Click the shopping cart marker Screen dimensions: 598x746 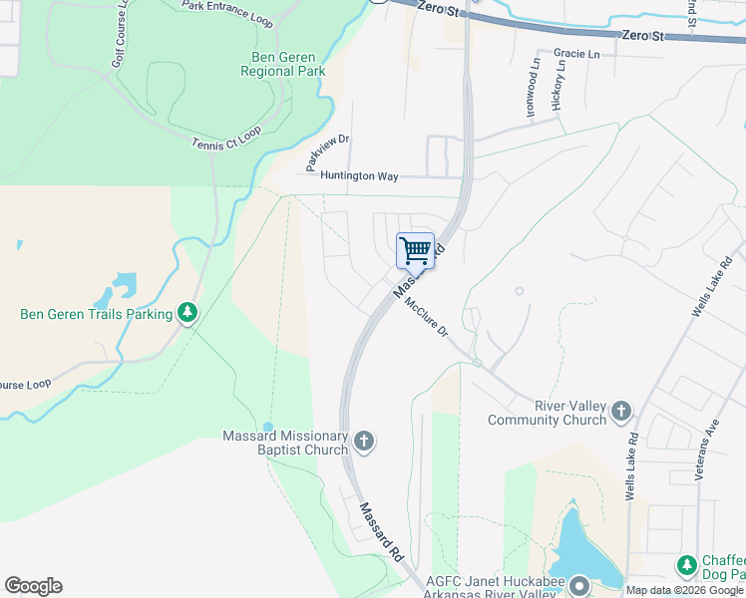[415, 249]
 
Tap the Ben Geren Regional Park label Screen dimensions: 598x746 [283, 64]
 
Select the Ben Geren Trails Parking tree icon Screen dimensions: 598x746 [186, 314]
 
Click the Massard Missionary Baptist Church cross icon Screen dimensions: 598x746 [364, 442]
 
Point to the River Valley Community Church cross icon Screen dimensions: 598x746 [621, 411]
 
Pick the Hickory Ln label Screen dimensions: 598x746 [559, 87]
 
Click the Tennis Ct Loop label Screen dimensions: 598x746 [226, 139]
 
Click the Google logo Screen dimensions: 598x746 [33, 586]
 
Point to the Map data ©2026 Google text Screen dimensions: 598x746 [684, 590]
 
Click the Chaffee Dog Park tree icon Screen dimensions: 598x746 [687, 566]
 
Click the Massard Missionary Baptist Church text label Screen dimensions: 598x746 [285, 443]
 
